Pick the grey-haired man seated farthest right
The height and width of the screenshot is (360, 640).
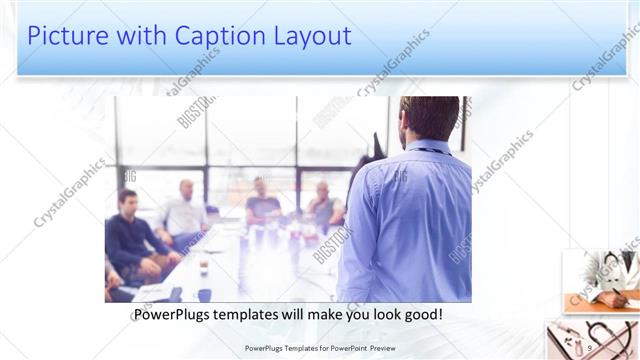point(323,205)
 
